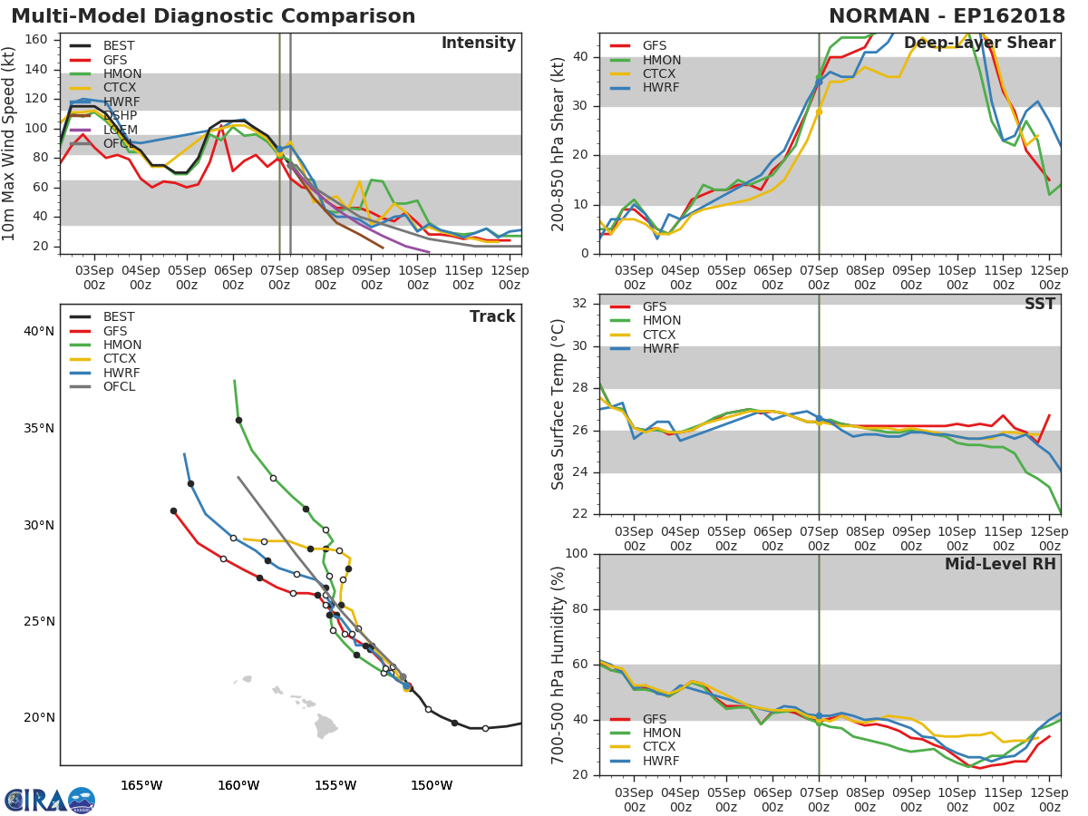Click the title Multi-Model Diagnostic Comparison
(x=213, y=16)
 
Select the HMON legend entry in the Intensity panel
(x=121, y=73)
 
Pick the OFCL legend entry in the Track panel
(x=119, y=386)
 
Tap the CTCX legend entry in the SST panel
(x=661, y=335)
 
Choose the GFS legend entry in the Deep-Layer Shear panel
(x=654, y=46)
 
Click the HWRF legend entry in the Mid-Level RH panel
(x=661, y=761)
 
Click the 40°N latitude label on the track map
(x=38, y=331)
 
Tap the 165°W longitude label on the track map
(x=141, y=785)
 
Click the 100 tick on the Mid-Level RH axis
(x=577, y=554)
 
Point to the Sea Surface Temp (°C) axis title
(x=559, y=404)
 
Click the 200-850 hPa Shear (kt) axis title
(x=559, y=143)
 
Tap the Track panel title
(x=491, y=316)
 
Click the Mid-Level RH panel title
(x=1000, y=564)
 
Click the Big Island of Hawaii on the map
(x=326, y=725)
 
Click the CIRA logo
(x=50, y=800)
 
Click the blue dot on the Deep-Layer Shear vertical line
(x=819, y=82)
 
